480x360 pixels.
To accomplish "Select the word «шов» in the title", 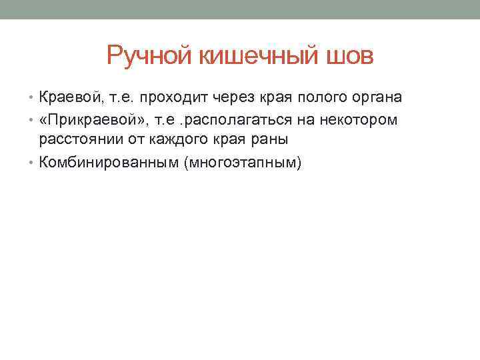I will tap(350, 56).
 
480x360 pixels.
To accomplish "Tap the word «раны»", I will tap(272, 140).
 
